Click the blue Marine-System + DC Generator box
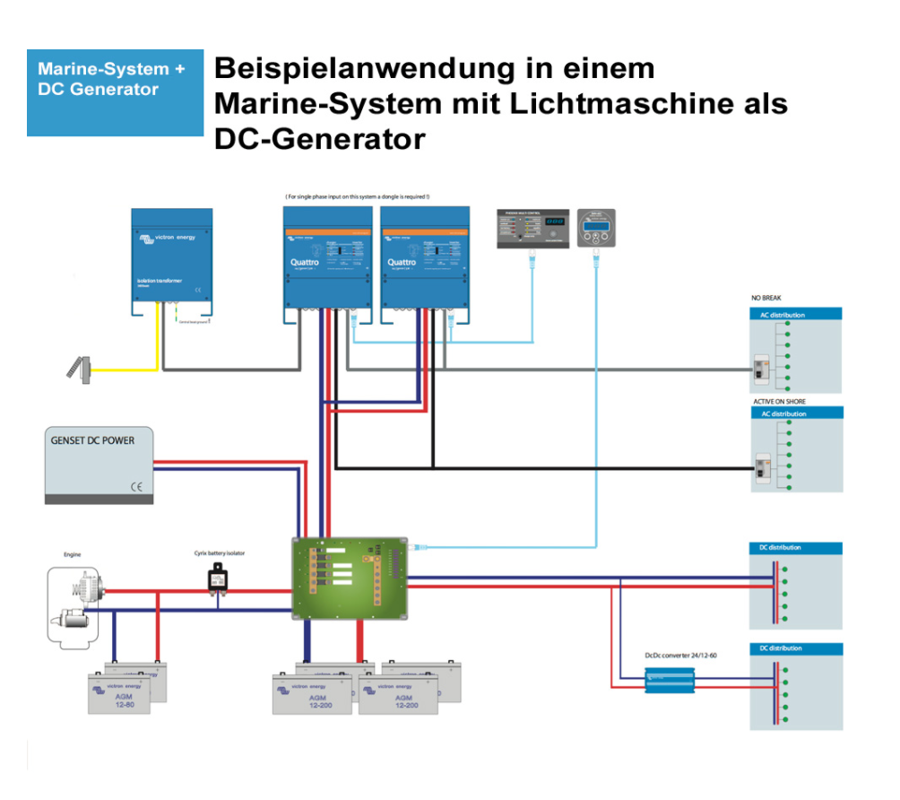point(115,92)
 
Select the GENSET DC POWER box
point(99,465)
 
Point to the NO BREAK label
point(769,299)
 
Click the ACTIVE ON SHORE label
point(779,402)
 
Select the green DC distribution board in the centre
point(350,579)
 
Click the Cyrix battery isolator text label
point(220,553)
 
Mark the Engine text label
point(72,555)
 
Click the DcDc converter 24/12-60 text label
point(680,656)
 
